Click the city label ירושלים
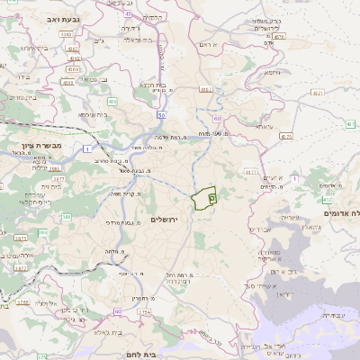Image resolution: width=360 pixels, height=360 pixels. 164,220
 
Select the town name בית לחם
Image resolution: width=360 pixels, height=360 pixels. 162,355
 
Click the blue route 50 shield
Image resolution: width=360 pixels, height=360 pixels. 161,117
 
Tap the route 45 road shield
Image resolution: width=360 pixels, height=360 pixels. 129,14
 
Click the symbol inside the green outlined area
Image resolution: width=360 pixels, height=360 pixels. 212,193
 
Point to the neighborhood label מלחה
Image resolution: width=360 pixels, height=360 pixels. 113,251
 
